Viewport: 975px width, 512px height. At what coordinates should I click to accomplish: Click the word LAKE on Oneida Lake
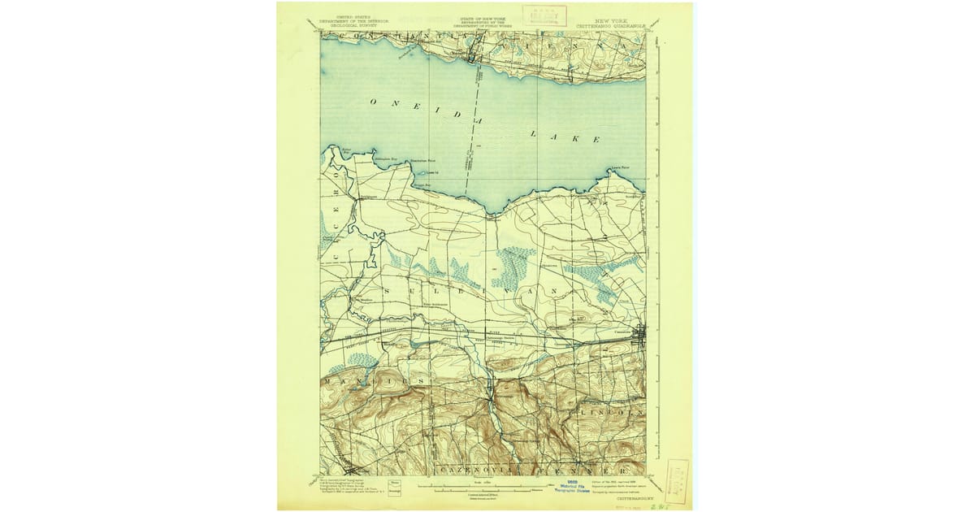point(561,136)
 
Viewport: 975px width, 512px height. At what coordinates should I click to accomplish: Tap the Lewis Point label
point(620,167)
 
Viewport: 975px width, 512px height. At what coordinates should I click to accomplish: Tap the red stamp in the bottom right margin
point(676,479)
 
